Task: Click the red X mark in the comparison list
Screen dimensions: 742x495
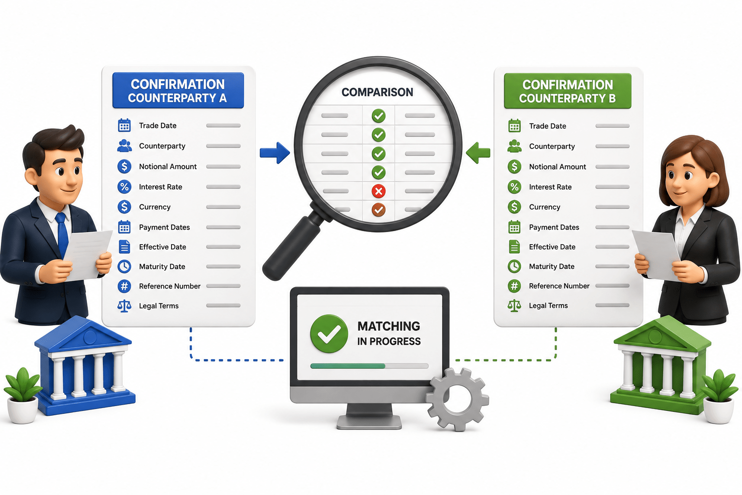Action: tap(378, 191)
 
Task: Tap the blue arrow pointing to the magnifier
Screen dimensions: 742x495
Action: tap(274, 153)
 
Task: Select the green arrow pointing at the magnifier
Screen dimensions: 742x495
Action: tap(478, 153)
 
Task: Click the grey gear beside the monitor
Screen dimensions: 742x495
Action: tap(457, 399)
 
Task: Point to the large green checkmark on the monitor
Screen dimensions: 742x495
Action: tap(329, 333)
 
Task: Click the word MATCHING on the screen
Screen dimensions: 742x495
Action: tap(388, 326)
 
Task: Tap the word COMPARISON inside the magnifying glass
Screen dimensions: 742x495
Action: tap(377, 92)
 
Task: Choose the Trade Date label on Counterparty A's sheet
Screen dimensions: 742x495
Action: tap(157, 126)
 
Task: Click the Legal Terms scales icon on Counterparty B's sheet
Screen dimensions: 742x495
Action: tap(514, 306)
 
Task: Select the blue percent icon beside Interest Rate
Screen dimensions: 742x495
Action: tap(124, 187)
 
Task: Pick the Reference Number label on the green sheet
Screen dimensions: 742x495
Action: tap(559, 286)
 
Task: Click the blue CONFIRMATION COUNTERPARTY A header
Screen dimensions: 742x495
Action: tap(178, 90)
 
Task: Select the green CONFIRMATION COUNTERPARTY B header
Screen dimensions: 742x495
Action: tap(568, 91)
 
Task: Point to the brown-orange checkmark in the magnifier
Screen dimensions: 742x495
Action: tap(378, 209)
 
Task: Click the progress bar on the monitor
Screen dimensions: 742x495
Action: tap(370, 366)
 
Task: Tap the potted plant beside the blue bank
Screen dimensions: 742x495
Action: tap(23, 395)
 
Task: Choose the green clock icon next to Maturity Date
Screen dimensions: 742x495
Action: tap(514, 266)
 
